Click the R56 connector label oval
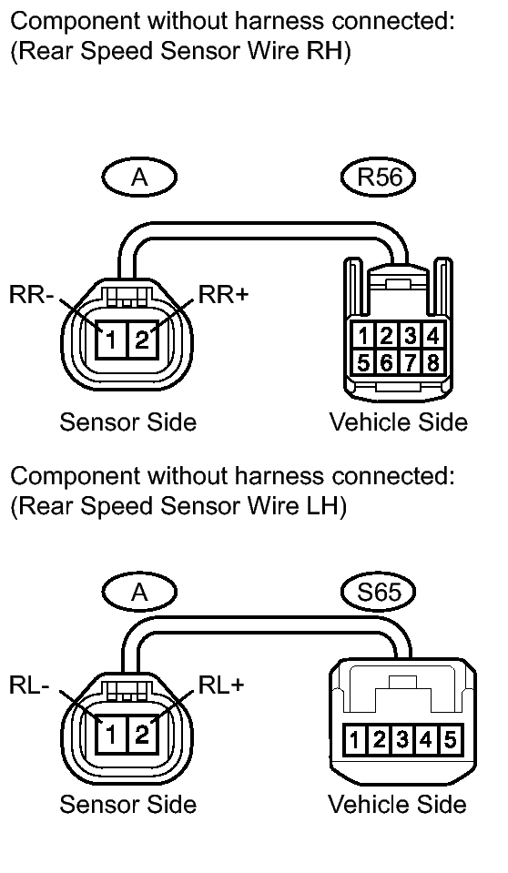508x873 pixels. click(x=379, y=177)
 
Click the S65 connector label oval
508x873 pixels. click(x=379, y=592)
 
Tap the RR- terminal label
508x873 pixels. click(x=31, y=295)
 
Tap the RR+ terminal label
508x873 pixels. click(x=223, y=295)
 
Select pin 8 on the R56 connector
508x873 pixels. click(x=432, y=362)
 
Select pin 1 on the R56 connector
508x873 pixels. click(x=362, y=336)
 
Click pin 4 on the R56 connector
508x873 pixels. click(x=432, y=336)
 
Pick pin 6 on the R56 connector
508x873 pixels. click(x=387, y=362)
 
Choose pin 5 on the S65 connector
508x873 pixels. click(x=450, y=739)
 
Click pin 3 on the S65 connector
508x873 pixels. click(x=402, y=739)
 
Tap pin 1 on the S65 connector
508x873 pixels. click(x=354, y=739)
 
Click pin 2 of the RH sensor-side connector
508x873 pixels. click(x=143, y=339)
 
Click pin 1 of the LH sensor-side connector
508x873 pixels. click(x=111, y=735)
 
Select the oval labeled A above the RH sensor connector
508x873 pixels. click(x=140, y=177)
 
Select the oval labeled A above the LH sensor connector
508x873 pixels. click(x=140, y=592)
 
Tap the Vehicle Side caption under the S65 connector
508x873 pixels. click(x=397, y=805)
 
